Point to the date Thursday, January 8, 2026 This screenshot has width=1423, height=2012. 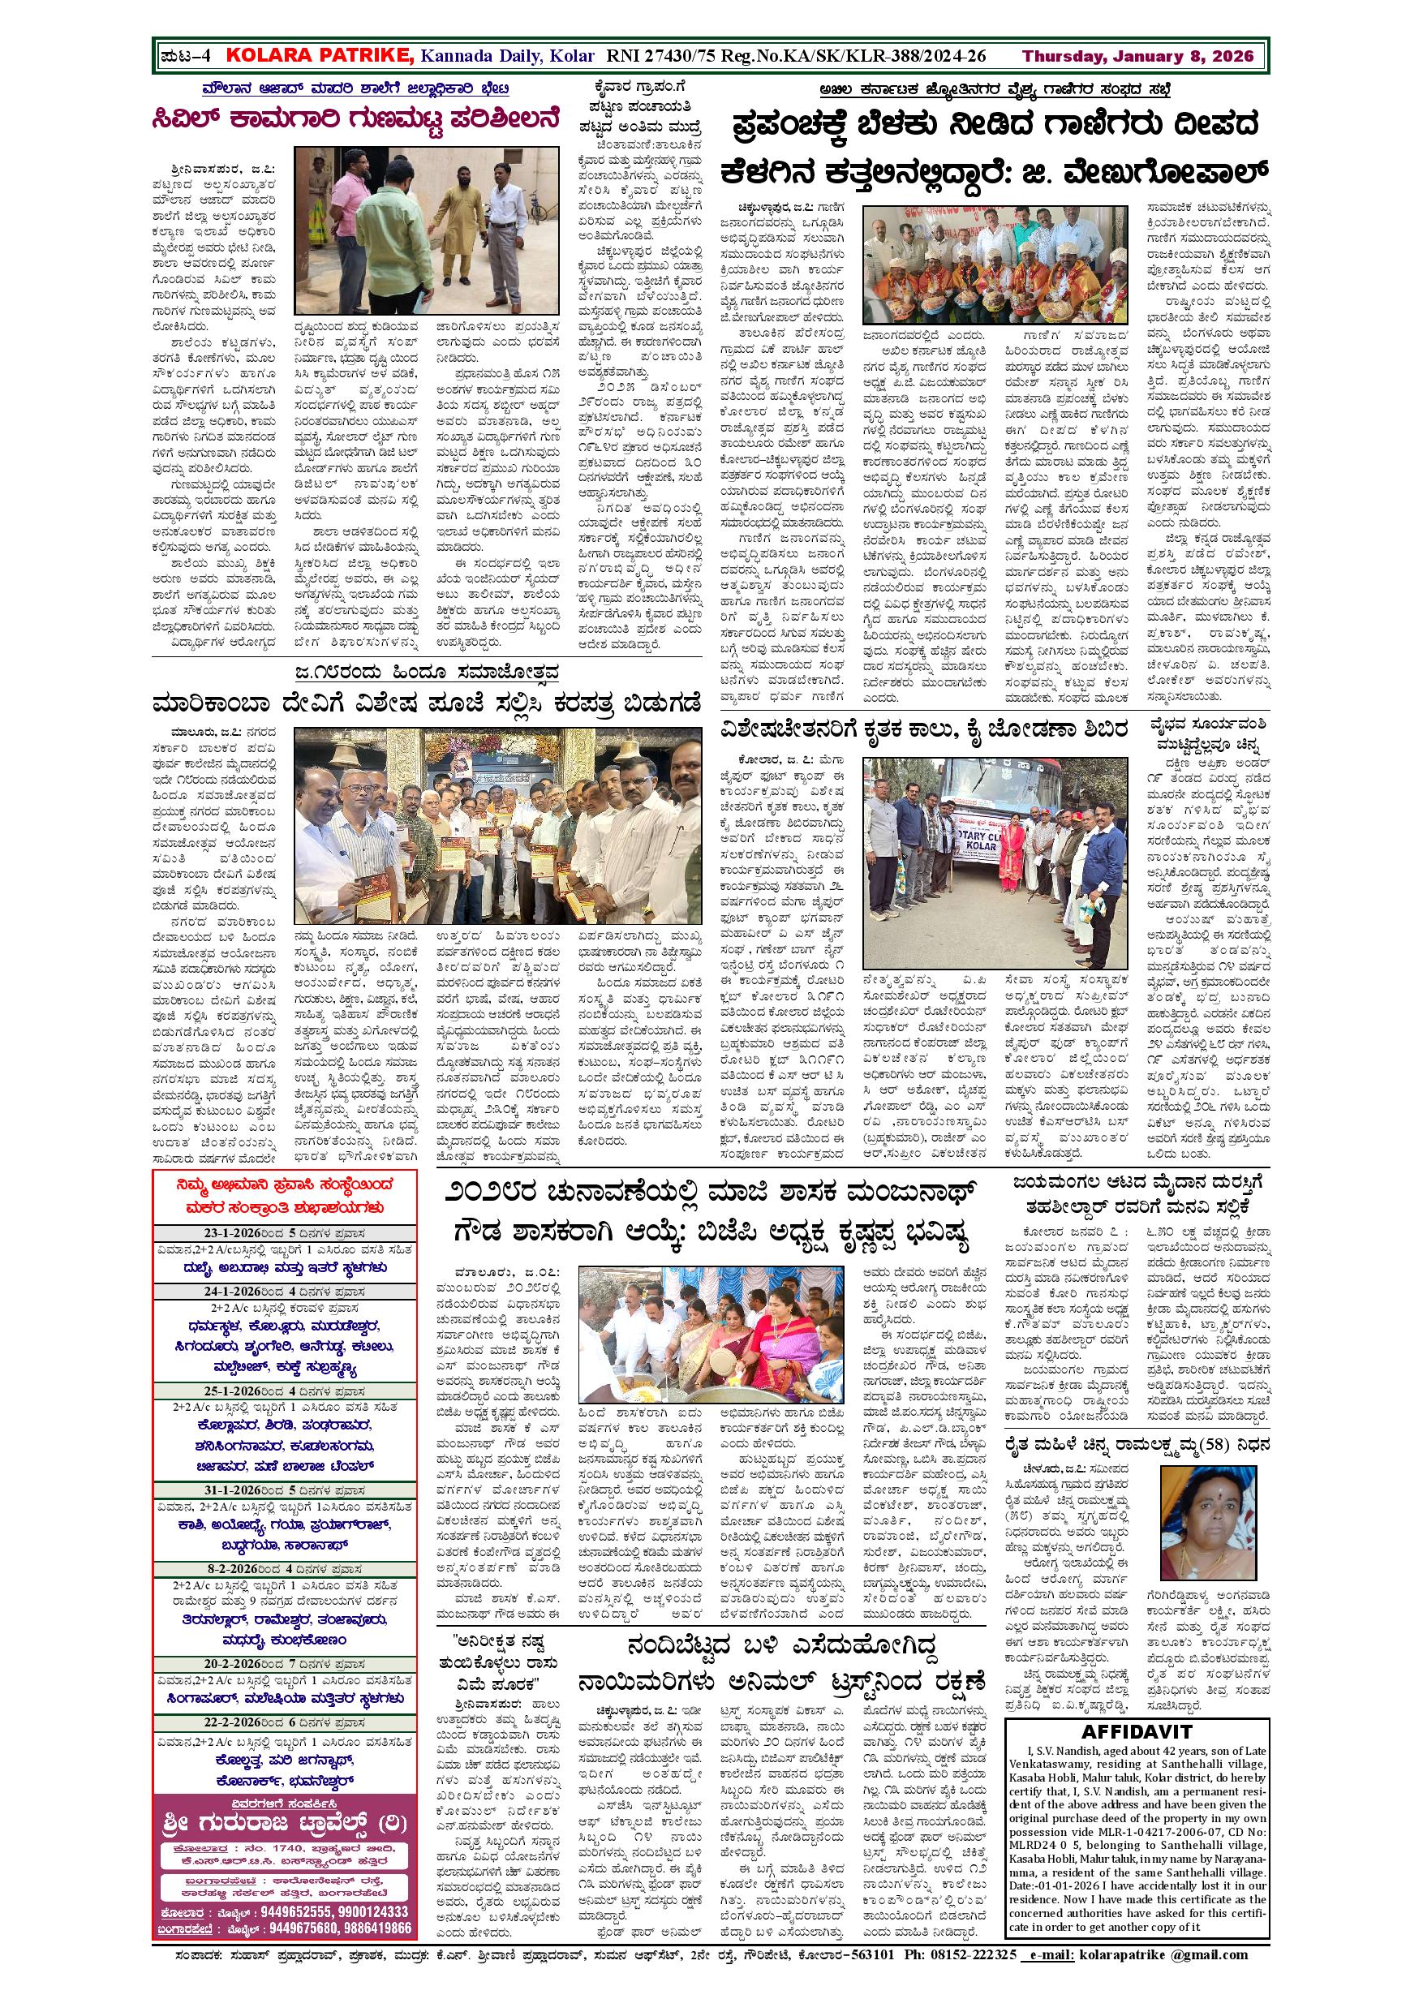(x=1138, y=57)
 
